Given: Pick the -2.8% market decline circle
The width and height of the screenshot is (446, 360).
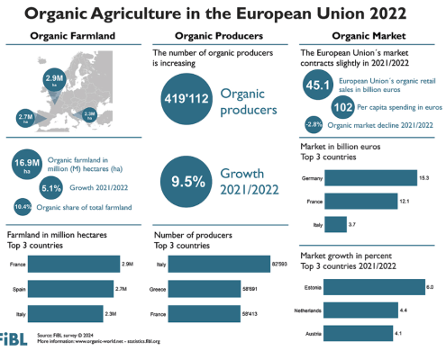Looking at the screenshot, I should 314,124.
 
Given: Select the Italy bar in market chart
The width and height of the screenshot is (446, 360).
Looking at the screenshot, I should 335,222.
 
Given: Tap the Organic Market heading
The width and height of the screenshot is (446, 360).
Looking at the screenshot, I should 366,37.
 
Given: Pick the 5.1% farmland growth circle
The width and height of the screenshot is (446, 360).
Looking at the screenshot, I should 50,188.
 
